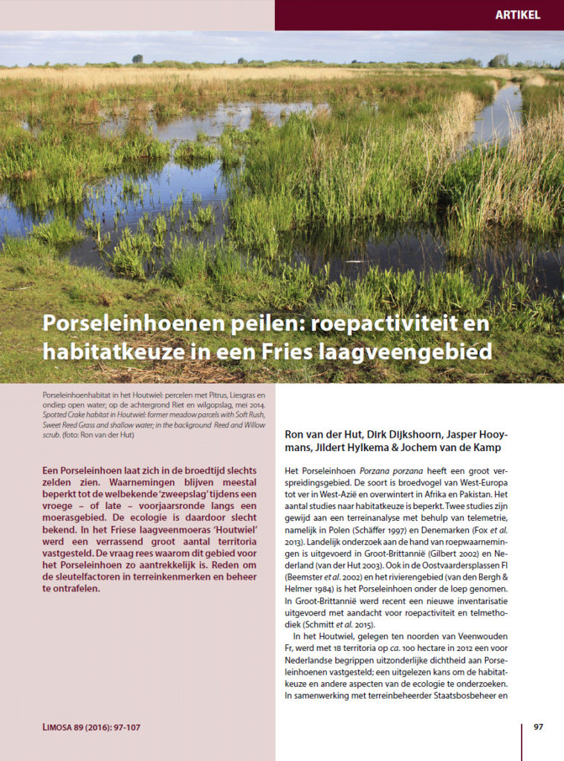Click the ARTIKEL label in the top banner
[519, 15]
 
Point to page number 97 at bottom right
[538, 727]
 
